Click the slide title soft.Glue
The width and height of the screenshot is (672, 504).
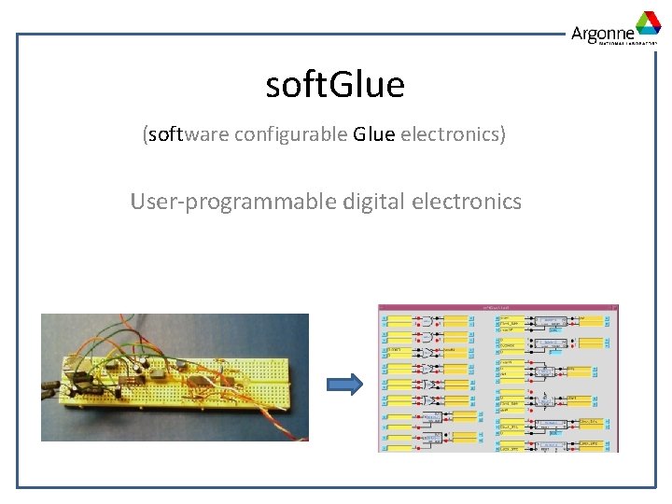point(335,85)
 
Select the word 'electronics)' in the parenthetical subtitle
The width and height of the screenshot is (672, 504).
point(453,134)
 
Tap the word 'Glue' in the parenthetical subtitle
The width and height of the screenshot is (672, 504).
point(374,134)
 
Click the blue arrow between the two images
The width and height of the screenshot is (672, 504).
point(343,384)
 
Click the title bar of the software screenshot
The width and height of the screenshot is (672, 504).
point(497,307)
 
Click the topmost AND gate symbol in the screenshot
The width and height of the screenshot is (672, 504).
point(425,319)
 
